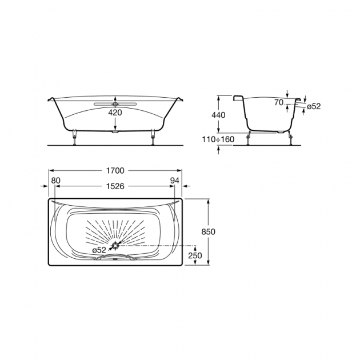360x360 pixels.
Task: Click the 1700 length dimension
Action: [115, 171]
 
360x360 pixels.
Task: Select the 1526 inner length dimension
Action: [115, 186]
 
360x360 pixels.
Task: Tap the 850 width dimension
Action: [208, 232]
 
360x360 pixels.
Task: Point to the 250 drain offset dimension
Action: [195, 255]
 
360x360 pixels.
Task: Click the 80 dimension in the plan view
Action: [55, 181]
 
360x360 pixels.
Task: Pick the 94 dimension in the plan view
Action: [174, 181]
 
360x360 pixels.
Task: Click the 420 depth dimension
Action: [115, 113]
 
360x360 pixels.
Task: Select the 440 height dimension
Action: [218, 115]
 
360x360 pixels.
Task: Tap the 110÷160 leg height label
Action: [218, 139]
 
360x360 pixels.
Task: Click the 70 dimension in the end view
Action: [279, 103]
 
